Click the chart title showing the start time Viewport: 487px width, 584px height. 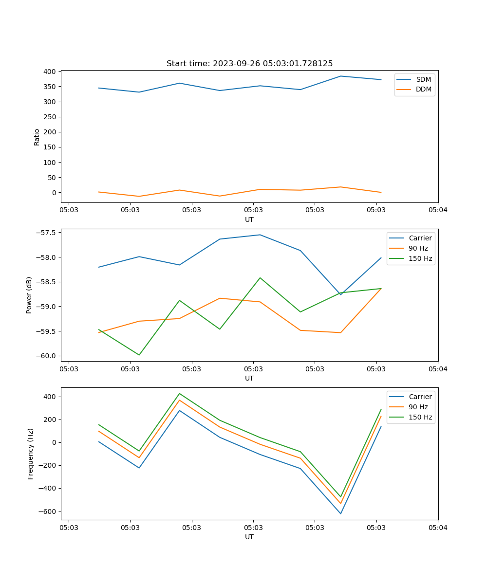tap(249, 64)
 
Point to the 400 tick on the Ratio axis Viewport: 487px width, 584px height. tap(49, 72)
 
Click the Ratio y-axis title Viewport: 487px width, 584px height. tap(37, 136)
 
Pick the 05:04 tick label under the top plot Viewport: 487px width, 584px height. tap(437, 210)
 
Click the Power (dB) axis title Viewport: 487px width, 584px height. tap(29, 295)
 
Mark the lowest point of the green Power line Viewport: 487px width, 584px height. tap(139, 355)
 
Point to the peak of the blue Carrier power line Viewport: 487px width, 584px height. tap(260, 235)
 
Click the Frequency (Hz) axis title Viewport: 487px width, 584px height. tap(31, 454)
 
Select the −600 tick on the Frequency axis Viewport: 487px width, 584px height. tap(47, 511)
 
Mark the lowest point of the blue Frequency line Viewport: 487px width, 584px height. tap(340, 513)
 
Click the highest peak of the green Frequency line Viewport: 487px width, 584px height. tap(180, 394)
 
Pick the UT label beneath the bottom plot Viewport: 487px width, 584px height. tap(249, 537)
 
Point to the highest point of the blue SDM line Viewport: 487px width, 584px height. tap(340, 76)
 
